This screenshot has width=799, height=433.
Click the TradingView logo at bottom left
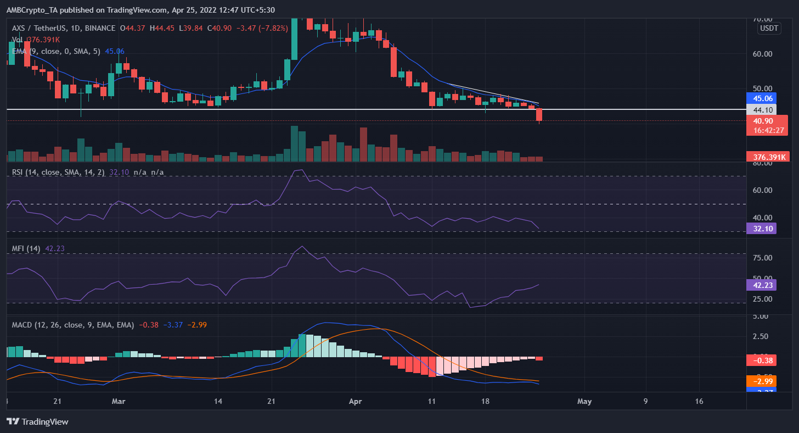click(x=38, y=421)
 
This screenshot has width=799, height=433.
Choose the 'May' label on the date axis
click(x=584, y=401)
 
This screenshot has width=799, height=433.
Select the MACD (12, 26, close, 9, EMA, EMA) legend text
click(x=73, y=325)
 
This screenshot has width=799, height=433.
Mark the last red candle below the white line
click(x=539, y=115)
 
